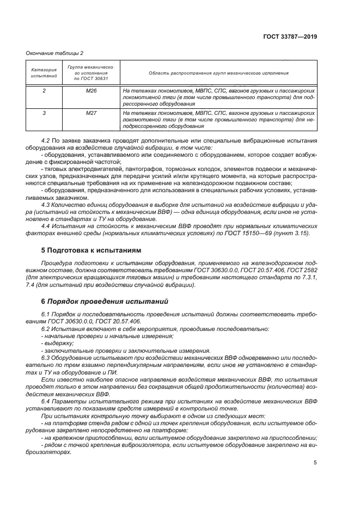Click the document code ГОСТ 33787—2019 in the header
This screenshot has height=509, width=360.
(291, 37)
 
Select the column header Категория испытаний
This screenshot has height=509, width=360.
(36, 73)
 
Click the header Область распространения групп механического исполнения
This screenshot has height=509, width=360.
(218, 73)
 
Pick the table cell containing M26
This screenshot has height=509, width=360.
(91, 90)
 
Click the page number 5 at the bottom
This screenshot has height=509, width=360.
(315, 463)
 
